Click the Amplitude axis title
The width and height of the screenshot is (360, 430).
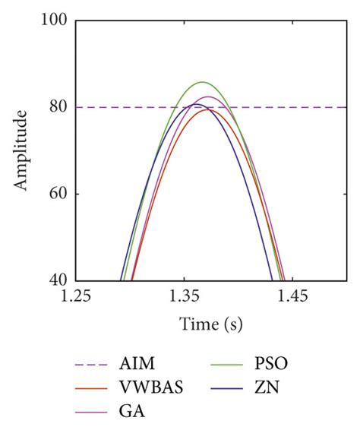click(22, 150)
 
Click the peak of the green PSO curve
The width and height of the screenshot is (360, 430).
click(202, 82)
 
